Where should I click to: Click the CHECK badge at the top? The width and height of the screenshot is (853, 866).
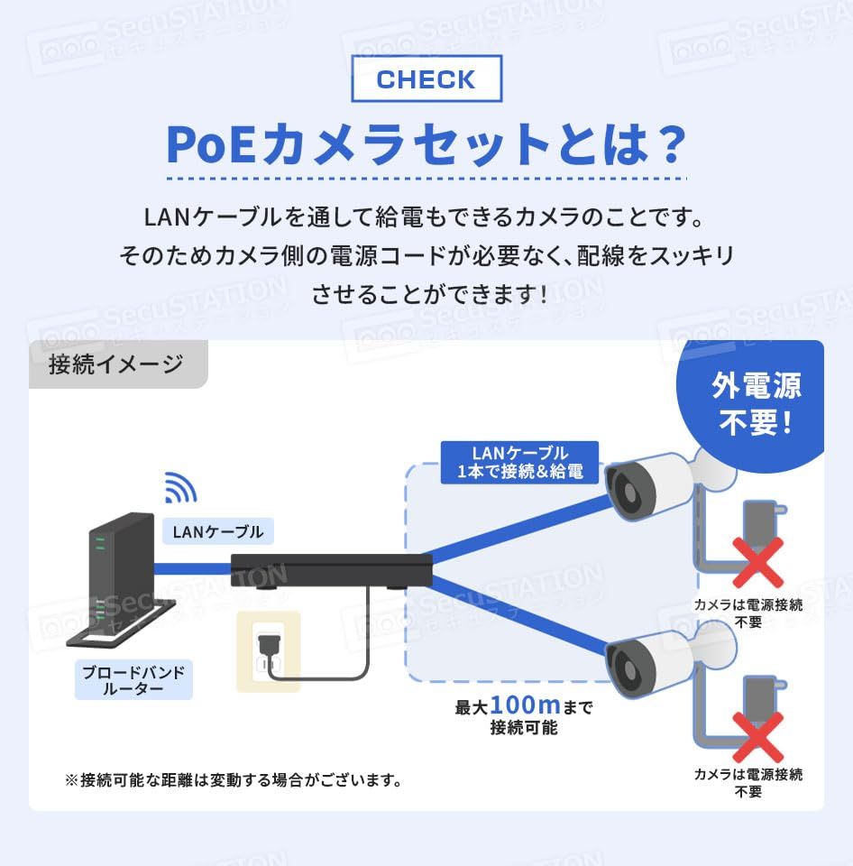[x=426, y=78]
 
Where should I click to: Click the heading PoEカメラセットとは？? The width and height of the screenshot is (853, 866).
[x=426, y=144]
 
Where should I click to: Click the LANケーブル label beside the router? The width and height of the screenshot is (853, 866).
[x=218, y=531]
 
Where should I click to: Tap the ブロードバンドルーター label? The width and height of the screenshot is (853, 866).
[x=133, y=680]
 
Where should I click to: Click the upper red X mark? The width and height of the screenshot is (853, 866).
[x=757, y=563]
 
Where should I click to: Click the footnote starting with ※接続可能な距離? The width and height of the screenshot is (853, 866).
[x=233, y=779]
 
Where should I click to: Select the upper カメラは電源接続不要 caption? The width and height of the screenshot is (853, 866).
[x=748, y=613]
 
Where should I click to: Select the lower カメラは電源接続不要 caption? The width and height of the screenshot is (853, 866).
[x=748, y=783]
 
